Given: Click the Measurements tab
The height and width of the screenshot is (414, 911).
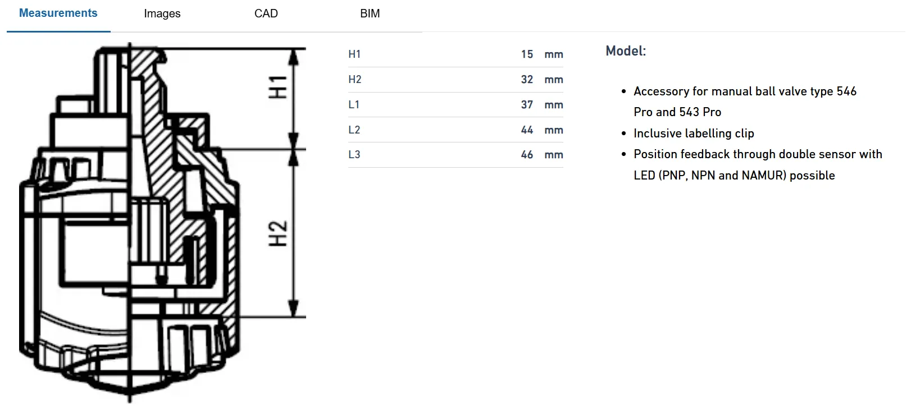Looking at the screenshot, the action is coord(58,13).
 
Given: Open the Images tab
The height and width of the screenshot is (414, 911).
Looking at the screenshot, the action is coord(162,13).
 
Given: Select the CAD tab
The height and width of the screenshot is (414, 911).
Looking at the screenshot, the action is coord(266,13).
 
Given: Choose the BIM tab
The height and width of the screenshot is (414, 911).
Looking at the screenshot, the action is coord(370,13).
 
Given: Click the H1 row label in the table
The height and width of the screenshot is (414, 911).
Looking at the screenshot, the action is coord(354,54).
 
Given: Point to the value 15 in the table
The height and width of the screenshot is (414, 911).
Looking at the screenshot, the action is coord(527,54).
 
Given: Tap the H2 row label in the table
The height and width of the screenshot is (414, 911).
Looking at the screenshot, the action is coord(354,79).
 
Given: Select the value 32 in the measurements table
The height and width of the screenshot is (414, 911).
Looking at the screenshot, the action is coord(527,79).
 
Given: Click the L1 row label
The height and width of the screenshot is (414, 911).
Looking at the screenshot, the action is coord(354,104).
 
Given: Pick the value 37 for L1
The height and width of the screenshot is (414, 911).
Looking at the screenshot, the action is coord(527,104).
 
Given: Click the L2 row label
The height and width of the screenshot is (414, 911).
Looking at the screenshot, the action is coord(354,130).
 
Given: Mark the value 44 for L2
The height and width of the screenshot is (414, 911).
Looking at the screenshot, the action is coord(527,130).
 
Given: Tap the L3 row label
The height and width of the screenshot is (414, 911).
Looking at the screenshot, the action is coord(354,154).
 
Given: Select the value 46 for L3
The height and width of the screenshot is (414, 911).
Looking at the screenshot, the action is coord(527,154).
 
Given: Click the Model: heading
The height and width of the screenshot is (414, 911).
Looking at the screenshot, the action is coord(626,51).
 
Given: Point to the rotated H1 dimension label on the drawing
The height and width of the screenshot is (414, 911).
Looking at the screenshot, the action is coord(278,88).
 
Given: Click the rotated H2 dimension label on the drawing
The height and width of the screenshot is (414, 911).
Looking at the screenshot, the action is coord(278,233).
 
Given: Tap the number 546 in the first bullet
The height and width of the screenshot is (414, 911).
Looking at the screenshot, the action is coord(846,91).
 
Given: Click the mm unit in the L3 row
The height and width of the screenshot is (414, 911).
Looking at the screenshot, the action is coord(554,155).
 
